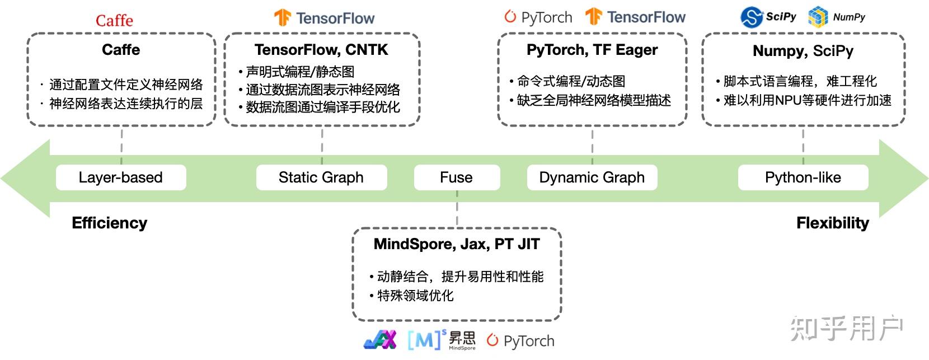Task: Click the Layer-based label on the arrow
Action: click(x=120, y=177)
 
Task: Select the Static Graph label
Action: click(x=321, y=177)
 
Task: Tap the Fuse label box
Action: click(x=456, y=177)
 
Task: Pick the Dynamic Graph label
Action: click(x=592, y=177)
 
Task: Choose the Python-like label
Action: click(x=803, y=177)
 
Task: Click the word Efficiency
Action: click(x=110, y=223)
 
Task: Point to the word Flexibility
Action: click(x=832, y=223)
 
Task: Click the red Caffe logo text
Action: click(x=114, y=21)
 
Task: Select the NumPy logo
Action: click(x=837, y=17)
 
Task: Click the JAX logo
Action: click(x=380, y=339)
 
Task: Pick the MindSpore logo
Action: click(x=442, y=339)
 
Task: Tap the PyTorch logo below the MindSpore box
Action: click(x=520, y=340)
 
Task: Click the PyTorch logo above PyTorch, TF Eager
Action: click(x=538, y=17)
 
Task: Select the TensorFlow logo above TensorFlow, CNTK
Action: click(x=324, y=18)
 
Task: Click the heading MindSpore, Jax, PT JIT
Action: click(x=457, y=244)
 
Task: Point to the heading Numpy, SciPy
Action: click(x=803, y=51)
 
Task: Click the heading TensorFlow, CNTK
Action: click(x=321, y=50)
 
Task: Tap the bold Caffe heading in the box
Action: click(x=121, y=50)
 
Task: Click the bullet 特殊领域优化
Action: click(x=415, y=296)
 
